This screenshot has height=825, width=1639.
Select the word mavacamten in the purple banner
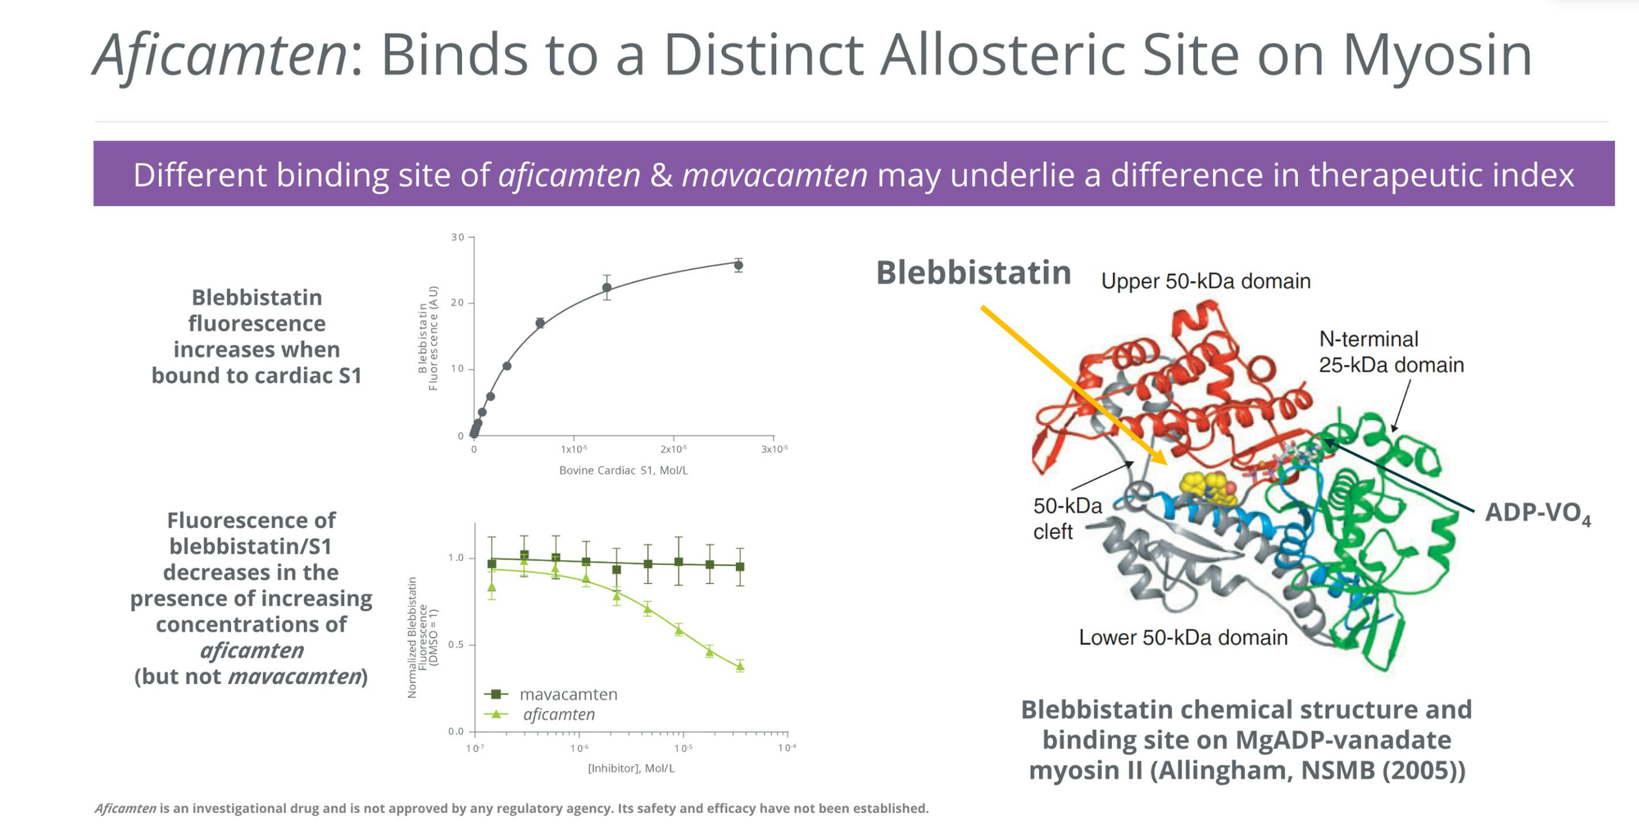coord(774,175)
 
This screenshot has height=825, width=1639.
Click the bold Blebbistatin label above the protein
coord(974,272)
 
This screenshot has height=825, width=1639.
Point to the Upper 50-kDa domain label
coord(1205,281)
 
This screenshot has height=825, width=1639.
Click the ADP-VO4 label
coord(1538,513)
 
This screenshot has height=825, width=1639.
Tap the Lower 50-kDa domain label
coord(1183,637)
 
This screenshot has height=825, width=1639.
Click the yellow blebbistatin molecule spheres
coord(1208,488)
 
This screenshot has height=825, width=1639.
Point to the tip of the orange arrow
coord(1165,464)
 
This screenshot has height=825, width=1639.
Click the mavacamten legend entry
coord(551,694)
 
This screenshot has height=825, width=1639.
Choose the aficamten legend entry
coord(541,714)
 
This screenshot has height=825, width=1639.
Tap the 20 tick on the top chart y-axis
coord(457,303)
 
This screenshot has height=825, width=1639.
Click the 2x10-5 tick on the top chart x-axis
coord(673,449)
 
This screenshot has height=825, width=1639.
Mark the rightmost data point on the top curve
coord(738,265)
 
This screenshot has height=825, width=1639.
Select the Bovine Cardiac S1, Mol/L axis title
coord(623,470)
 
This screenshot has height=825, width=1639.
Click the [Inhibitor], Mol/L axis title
coord(630,768)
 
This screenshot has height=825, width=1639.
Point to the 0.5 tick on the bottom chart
coord(456,645)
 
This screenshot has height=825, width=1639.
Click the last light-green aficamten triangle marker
coord(740,667)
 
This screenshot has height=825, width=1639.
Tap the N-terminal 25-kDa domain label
coord(1391,352)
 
